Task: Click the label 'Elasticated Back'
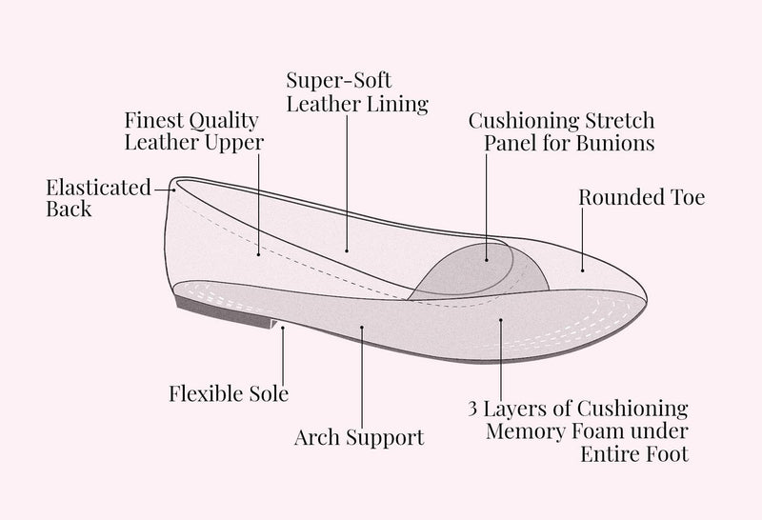[97, 197]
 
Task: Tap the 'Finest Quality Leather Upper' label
[193, 131]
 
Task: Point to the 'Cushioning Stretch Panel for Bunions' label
[562, 132]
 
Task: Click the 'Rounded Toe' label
[642, 198]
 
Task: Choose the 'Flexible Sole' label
[229, 392]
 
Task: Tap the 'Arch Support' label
[359, 438]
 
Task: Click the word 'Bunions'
[619, 145]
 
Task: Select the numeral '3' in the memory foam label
[473, 409]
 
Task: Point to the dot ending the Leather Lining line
[347, 250]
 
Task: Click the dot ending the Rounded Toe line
[583, 270]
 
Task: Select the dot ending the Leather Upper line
[259, 253]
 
